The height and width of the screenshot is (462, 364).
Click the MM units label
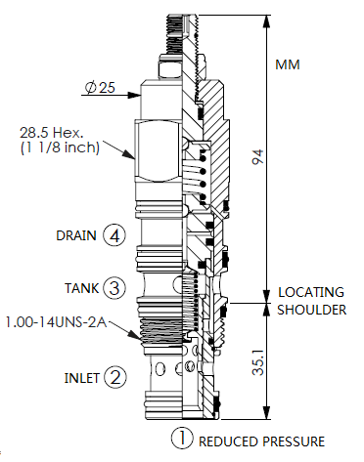coord(287,65)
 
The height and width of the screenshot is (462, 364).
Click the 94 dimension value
coord(258,157)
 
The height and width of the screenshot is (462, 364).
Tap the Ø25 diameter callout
coord(100,88)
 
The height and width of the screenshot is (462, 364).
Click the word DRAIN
coord(75,235)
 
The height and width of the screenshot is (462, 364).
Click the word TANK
coord(82,288)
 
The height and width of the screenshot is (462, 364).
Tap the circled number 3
coord(115,288)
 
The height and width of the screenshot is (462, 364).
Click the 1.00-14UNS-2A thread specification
coord(54,320)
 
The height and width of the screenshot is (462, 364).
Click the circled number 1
coord(181,440)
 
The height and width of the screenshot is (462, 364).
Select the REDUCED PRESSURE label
coord(260,441)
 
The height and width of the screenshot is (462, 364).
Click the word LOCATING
coord(312,292)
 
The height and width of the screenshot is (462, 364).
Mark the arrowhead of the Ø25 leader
coord(136,88)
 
